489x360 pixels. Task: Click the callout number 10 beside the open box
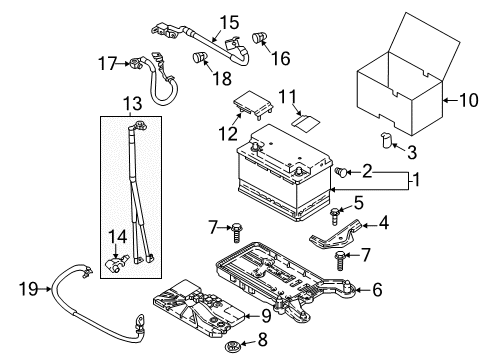[x=469, y=100]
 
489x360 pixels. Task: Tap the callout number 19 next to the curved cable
[x=28, y=289]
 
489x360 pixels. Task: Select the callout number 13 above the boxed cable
[x=133, y=103]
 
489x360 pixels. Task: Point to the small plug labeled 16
[x=259, y=37]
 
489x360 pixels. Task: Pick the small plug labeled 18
[x=200, y=57]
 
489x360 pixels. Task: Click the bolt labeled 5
[x=334, y=215]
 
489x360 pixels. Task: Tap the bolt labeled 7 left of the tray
[x=236, y=233]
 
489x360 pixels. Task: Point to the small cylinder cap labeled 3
[x=387, y=141]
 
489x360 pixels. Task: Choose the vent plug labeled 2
[x=341, y=172]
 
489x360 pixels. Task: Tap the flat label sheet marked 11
[x=306, y=122]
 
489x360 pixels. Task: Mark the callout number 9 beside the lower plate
[x=266, y=316]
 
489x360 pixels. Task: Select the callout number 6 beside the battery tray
[x=377, y=290]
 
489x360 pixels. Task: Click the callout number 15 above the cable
[x=229, y=22]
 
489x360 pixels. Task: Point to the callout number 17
[x=107, y=63]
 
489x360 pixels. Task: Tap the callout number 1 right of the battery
[x=415, y=180]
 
